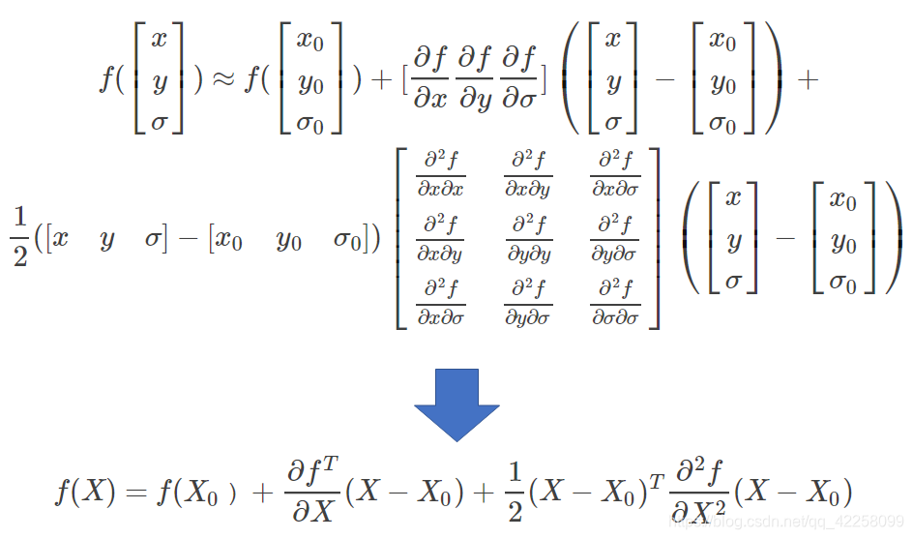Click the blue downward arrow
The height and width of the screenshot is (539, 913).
(456, 404)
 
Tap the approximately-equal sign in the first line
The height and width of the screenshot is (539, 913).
(223, 80)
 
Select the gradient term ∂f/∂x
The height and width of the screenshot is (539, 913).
(429, 80)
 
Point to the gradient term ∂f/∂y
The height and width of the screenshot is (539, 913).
(475, 80)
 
